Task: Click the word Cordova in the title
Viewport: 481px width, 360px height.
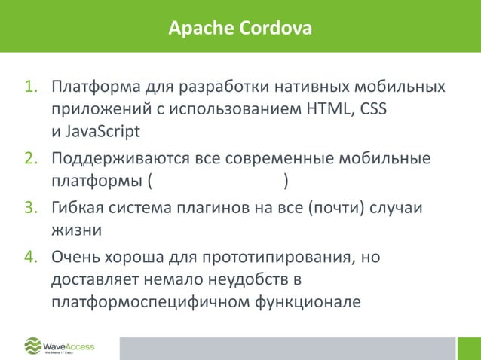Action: pos(274,29)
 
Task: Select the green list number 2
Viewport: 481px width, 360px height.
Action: pos(32,160)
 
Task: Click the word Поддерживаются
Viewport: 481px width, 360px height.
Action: pos(121,160)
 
